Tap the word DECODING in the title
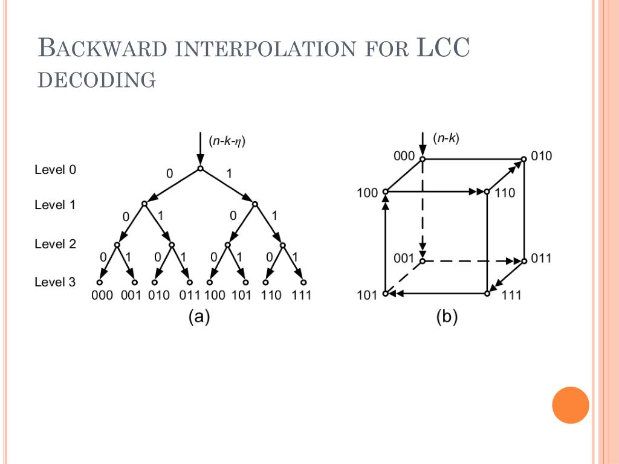(97, 80)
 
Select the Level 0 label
(55, 170)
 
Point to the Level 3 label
(55, 282)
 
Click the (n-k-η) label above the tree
(227, 141)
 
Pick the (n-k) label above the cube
(446, 138)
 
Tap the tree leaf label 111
(302, 295)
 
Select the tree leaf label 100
(215, 295)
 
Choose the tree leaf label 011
(189, 295)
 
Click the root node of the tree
(200, 169)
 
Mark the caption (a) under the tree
(199, 317)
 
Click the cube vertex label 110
(505, 193)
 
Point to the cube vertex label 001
(404, 259)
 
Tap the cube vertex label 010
(541, 156)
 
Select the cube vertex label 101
(368, 295)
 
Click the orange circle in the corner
(570, 405)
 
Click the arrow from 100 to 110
(435, 192)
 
